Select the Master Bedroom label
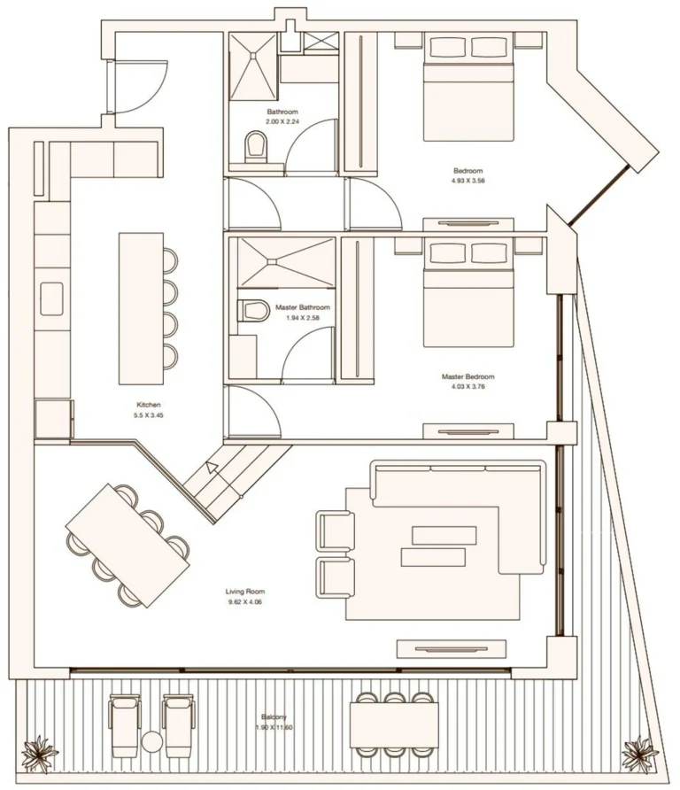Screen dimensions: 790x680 pyautogui.click(x=467, y=376)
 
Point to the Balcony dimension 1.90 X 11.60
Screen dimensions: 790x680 pyautogui.click(x=273, y=727)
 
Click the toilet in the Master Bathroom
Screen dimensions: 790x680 pyautogui.click(x=253, y=311)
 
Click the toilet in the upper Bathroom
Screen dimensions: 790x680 pyautogui.click(x=256, y=146)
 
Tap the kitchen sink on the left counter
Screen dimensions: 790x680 pyautogui.click(x=50, y=299)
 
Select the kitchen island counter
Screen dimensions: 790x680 pyautogui.click(x=142, y=308)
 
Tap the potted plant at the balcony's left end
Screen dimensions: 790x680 pyautogui.click(x=39, y=754)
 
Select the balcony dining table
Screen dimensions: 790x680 pyautogui.click(x=394, y=724)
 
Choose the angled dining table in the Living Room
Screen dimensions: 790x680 pyautogui.click(x=128, y=545)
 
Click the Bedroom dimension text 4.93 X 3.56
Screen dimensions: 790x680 pyautogui.click(x=467, y=181)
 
